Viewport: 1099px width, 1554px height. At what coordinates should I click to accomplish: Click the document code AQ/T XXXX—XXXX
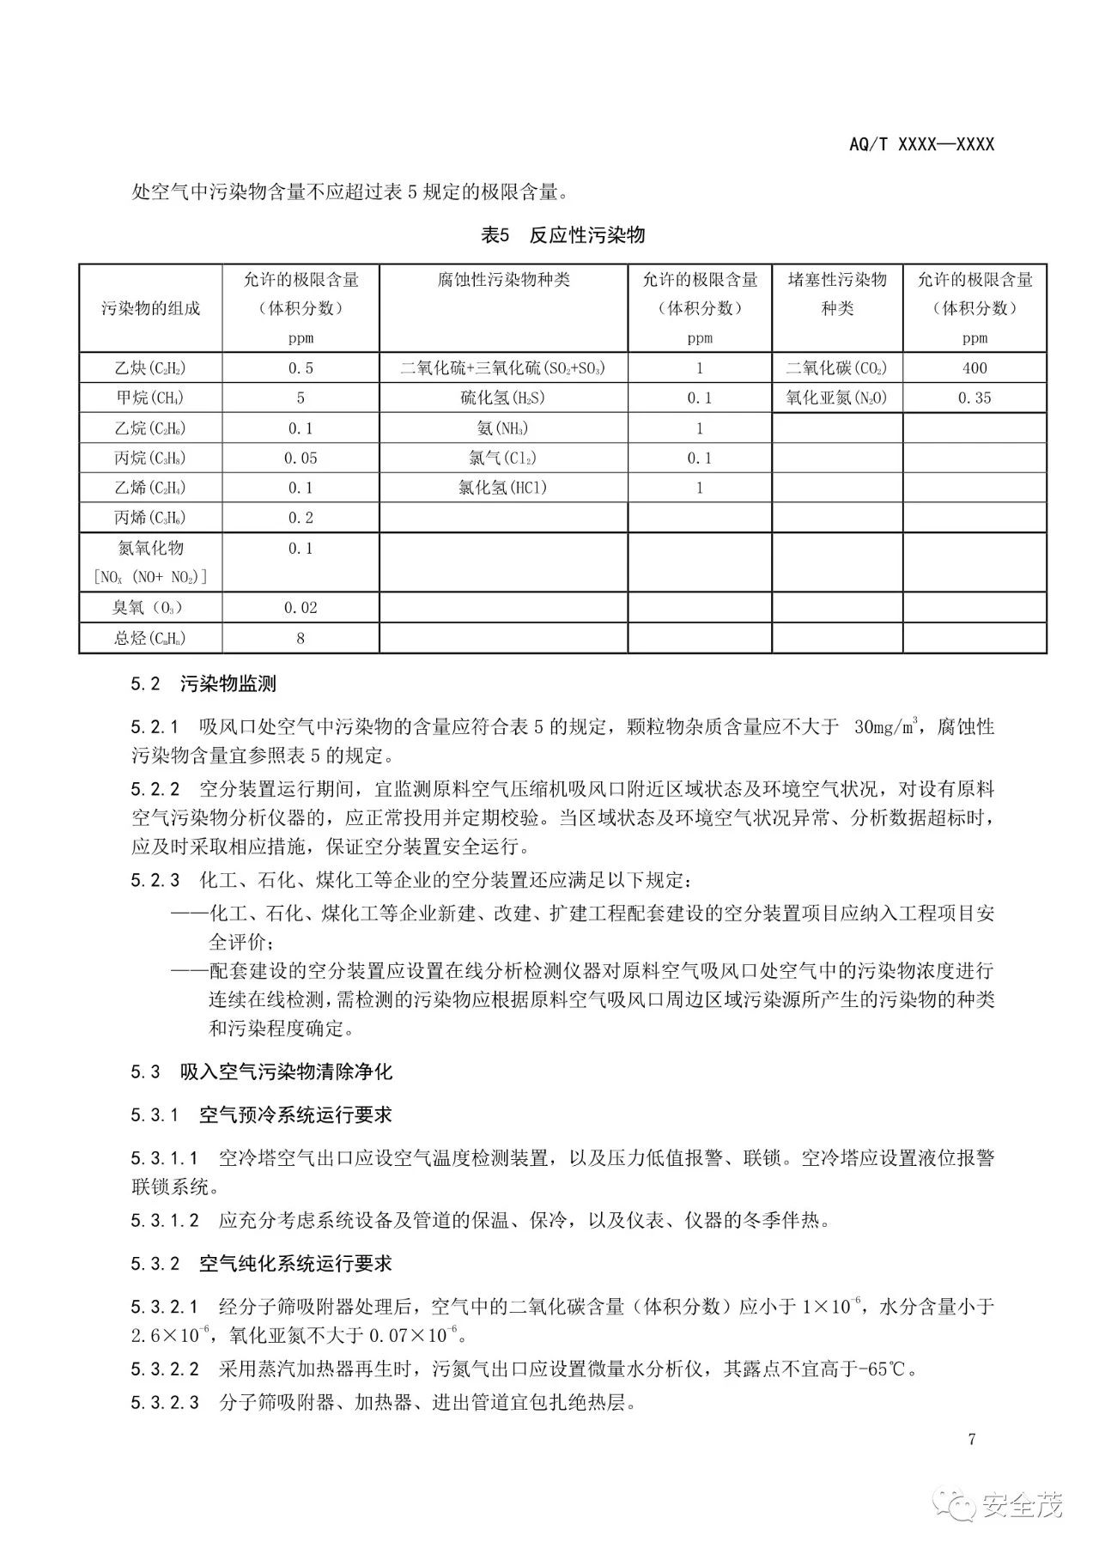[921, 144]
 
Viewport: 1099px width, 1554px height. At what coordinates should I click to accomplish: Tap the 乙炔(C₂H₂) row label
[150, 368]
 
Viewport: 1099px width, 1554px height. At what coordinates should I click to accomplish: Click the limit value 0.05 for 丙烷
[301, 458]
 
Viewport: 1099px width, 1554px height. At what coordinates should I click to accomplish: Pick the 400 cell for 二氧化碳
[975, 368]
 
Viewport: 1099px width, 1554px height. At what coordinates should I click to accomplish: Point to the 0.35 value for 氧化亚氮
[975, 398]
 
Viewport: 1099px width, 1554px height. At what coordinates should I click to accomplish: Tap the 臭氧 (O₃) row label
[150, 608]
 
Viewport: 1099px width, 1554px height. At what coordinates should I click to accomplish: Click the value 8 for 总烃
[301, 638]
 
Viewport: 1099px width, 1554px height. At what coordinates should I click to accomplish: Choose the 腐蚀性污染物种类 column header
[503, 280]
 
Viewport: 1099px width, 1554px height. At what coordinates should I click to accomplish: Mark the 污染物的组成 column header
[150, 308]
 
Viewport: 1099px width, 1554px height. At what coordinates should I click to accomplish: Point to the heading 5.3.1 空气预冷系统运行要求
[261, 1115]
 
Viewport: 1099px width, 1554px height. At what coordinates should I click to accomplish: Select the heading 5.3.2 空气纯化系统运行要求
[261, 1264]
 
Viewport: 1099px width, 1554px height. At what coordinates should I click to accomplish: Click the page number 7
[972, 1440]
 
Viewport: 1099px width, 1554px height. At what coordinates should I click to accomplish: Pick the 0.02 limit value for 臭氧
[301, 608]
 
